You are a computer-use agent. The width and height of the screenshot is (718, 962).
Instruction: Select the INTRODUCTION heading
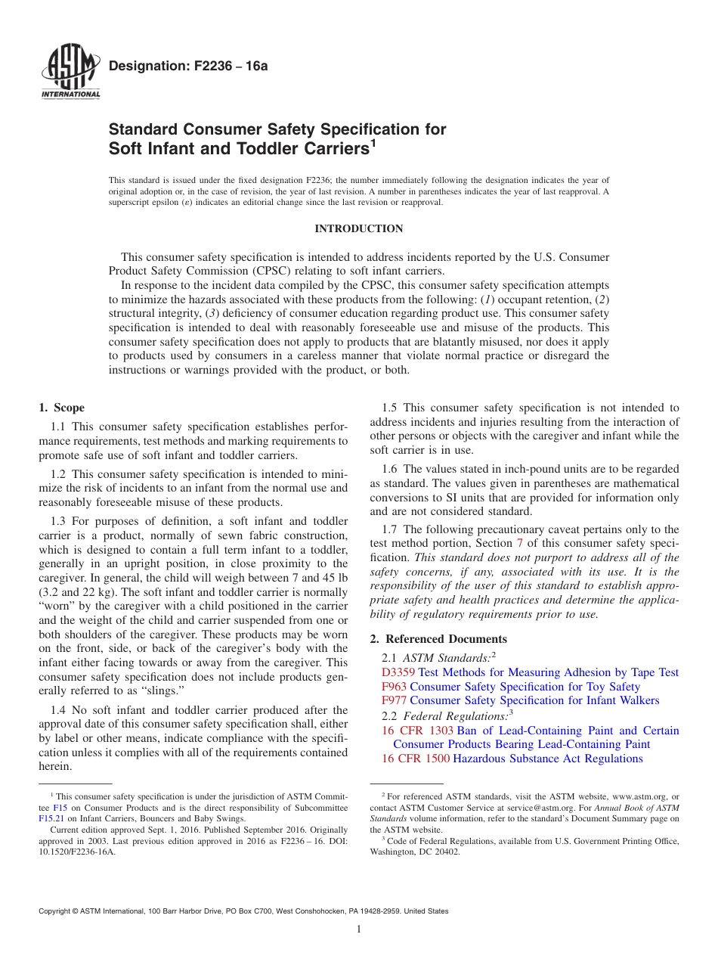tap(359, 228)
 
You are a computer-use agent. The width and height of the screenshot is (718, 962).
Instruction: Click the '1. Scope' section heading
tap(62, 408)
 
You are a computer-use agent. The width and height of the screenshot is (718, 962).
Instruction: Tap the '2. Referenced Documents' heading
tap(438, 639)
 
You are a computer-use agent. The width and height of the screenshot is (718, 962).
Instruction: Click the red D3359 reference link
tap(398, 672)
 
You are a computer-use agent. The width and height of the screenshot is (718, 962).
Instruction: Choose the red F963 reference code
tap(394, 687)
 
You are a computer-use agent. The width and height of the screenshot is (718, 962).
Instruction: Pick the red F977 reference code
tap(394, 700)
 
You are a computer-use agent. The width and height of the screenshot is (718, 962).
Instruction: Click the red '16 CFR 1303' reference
tap(417, 731)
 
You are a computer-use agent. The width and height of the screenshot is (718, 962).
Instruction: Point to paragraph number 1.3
tap(60, 521)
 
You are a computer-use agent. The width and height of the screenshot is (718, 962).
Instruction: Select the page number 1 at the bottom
tap(359, 929)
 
